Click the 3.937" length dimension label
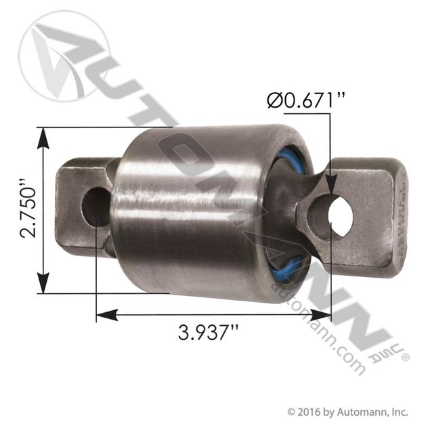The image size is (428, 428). pyautogui.click(x=209, y=333)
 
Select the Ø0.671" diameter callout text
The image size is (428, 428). pyautogui.click(x=306, y=100)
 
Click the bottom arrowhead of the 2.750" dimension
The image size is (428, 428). pyautogui.click(x=43, y=282)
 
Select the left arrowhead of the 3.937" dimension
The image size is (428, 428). pyautogui.click(x=107, y=315)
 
